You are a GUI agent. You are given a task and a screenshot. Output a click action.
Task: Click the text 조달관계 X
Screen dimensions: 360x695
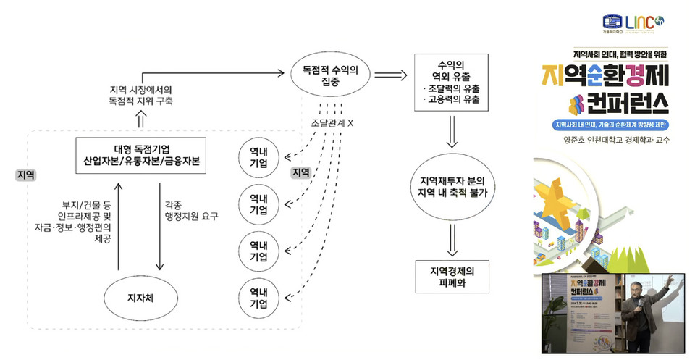pyautogui.click(x=332, y=123)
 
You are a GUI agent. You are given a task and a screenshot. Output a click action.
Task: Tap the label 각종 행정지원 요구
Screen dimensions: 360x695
pyautogui.click(x=191, y=210)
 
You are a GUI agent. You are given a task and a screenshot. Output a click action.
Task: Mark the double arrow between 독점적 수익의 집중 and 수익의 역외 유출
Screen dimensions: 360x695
pyautogui.click(x=391, y=72)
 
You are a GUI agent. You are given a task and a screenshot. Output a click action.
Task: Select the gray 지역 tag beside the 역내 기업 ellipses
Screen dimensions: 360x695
pyautogui.click(x=300, y=172)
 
